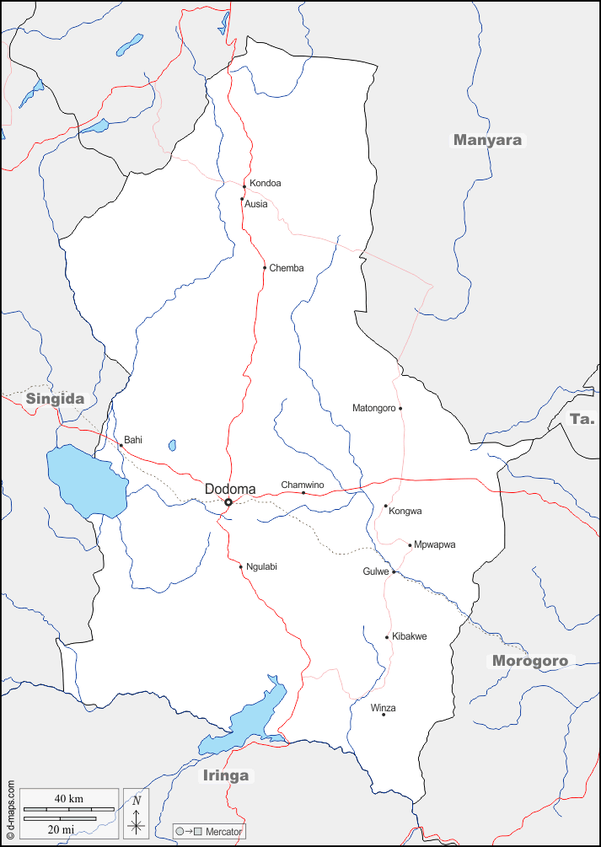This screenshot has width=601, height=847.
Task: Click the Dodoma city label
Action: click(230, 489)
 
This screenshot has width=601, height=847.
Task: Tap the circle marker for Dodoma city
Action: click(228, 502)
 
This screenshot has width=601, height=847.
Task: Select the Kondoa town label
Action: click(265, 184)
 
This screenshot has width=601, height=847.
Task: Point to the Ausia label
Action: click(256, 204)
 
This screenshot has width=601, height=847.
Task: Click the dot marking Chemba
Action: click(265, 268)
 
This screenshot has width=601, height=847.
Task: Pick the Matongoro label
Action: click(373, 408)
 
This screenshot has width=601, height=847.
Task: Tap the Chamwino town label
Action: click(302, 485)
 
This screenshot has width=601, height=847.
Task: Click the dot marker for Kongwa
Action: click(385, 507)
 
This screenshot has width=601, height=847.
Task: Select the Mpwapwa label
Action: click(434, 544)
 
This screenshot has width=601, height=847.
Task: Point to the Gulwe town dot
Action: click(394, 571)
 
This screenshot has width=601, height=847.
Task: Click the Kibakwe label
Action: click(410, 636)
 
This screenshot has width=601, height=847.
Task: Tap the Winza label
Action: click(383, 708)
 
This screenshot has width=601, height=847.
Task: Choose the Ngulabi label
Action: click(261, 566)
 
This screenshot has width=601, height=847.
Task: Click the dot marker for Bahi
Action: click(121, 445)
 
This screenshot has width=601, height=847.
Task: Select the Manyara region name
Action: click(488, 140)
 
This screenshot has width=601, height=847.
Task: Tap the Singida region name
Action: click(55, 399)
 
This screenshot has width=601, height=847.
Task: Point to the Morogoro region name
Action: click(530, 661)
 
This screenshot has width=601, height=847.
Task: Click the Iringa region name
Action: click(226, 775)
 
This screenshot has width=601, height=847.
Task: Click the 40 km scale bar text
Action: click(69, 798)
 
